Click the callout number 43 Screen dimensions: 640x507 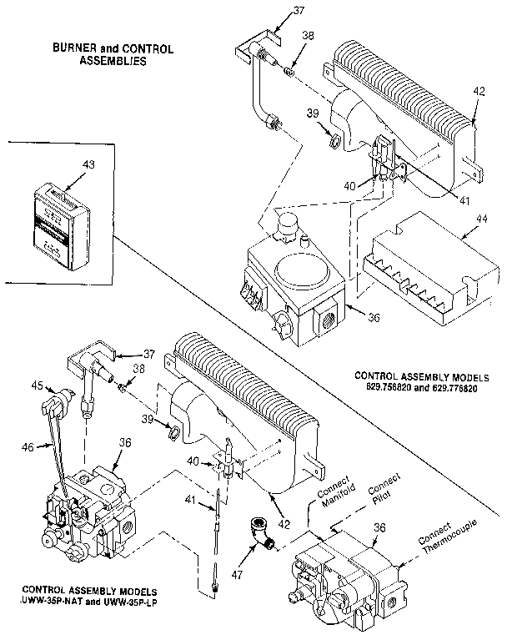point(88,165)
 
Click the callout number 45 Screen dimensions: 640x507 point(37,386)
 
